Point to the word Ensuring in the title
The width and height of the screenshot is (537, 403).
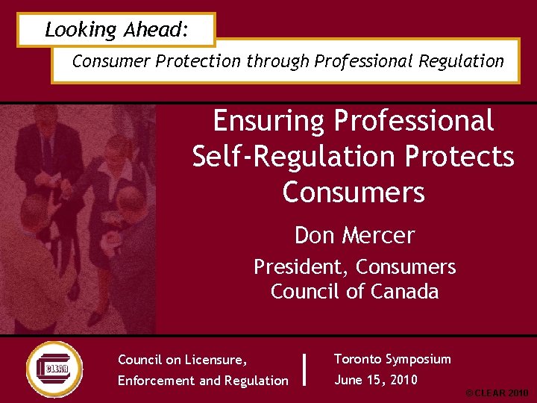(x=268, y=121)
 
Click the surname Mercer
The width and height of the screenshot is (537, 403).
(x=379, y=235)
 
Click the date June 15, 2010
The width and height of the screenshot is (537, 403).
(x=376, y=380)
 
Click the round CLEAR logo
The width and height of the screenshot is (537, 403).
(x=54, y=369)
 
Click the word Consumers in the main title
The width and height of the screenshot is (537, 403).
(x=354, y=193)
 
